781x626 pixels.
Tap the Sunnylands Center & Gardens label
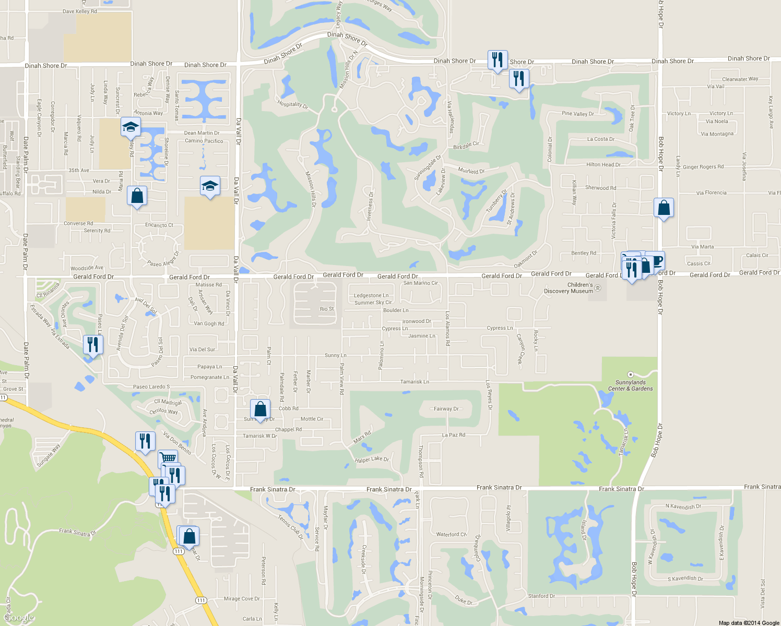(x=630, y=386)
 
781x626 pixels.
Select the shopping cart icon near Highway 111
(x=168, y=458)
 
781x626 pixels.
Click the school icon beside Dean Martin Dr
(x=131, y=127)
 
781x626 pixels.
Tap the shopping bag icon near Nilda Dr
(x=137, y=196)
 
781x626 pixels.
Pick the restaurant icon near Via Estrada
(x=93, y=345)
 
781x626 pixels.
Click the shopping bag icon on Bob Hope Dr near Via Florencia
(x=664, y=208)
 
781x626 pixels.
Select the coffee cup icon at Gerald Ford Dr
(x=657, y=260)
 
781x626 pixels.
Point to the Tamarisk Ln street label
(x=415, y=382)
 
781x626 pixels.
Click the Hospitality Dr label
(x=292, y=104)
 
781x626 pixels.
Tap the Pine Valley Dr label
(x=577, y=114)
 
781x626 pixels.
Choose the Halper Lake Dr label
(x=372, y=460)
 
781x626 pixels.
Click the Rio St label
(x=327, y=309)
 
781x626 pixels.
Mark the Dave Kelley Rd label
(x=79, y=11)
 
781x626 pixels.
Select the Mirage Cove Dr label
(x=242, y=599)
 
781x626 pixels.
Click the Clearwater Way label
(x=740, y=79)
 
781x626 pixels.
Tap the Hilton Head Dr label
(x=603, y=165)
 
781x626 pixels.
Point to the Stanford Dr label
(x=541, y=596)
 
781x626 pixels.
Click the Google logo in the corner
(x=19, y=618)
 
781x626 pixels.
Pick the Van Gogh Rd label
(x=209, y=323)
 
